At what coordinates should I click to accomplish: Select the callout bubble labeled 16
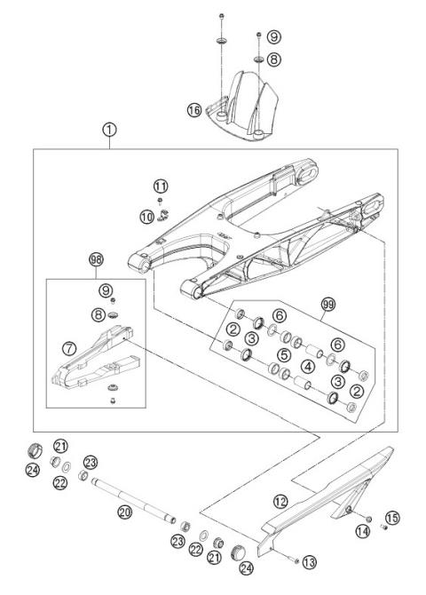pyautogui.click(x=193, y=110)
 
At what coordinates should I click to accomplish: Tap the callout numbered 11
pyautogui.click(x=160, y=186)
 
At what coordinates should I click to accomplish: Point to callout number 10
pyautogui.click(x=146, y=216)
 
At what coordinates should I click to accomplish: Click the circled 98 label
pyautogui.click(x=96, y=259)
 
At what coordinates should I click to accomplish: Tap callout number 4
pyautogui.click(x=306, y=366)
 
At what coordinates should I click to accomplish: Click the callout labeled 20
pyautogui.click(x=124, y=511)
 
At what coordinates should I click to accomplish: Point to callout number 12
pyautogui.click(x=280, y=502)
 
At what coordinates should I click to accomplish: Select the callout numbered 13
pyautogui.click(x=309, y=561)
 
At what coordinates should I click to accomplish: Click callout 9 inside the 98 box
pyautogui.click(x=106, y=290)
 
